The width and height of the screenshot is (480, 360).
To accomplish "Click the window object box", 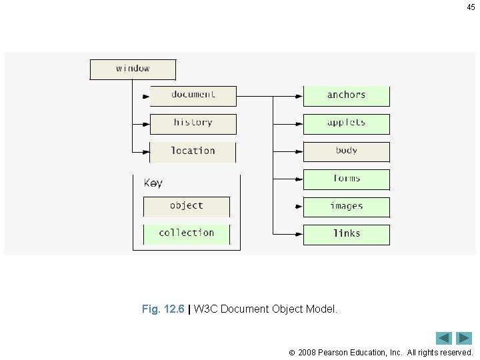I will point(133,69).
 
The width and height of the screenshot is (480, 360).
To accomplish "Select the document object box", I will point(193,96).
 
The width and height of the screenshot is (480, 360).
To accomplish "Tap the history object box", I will point(193,124).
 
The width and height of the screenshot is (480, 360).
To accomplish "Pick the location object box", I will point(193,152).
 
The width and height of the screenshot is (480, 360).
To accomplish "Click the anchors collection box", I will point(346,96).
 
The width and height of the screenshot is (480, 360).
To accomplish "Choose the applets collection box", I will point(346,124).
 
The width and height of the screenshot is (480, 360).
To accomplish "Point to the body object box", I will point(346,152).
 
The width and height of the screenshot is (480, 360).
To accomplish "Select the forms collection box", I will point(346,180).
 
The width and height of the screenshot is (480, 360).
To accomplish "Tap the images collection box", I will point(346,207).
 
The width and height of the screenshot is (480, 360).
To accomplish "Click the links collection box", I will point(346,235).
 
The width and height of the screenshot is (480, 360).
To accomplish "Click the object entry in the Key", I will point(186,207).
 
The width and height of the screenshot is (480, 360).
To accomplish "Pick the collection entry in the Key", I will point(186,234).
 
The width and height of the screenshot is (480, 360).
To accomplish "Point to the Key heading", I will point(153,183).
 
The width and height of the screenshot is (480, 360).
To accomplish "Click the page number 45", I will point(471,7).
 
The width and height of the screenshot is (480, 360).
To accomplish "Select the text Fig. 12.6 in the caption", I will point(163,309).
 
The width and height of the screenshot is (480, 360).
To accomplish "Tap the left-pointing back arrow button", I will point(444,338).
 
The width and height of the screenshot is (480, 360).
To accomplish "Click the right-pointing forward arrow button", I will point(464,338).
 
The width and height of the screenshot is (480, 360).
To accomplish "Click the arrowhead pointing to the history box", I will point(146,125).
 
